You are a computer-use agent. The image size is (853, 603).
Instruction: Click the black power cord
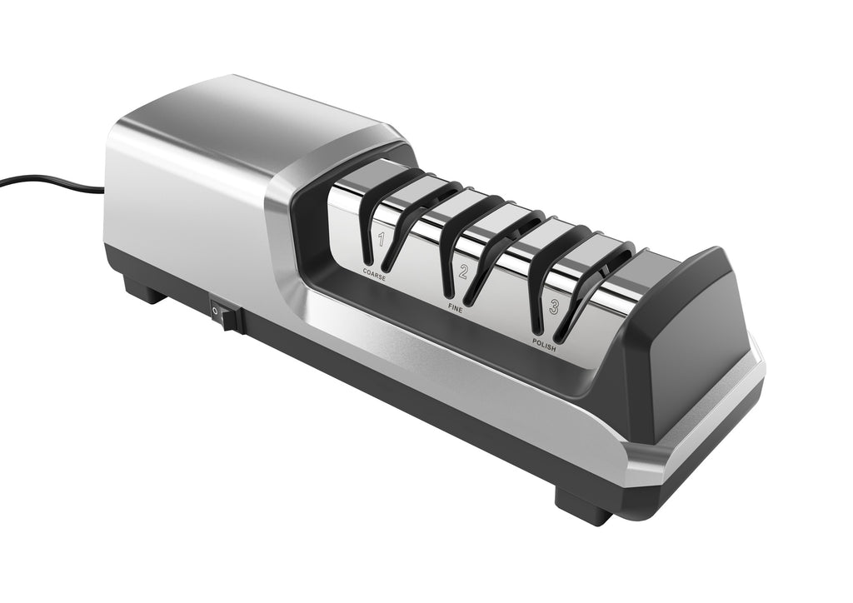pyautogui.click(x=52, y=182)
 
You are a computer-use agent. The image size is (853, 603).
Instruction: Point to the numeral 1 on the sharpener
pyautogui.click(x=382, y=239)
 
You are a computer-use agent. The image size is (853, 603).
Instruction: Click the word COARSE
pyautogui.click(x=374, y=273)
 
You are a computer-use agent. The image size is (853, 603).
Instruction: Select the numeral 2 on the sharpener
pyautogui.click(x=464, y=272)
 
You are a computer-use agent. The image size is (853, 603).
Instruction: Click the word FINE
pyautogui.click(x=455, y=308)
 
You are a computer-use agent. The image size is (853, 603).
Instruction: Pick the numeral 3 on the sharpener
pyautogui.click(x=553, y=308)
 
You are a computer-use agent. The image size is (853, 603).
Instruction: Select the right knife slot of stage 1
pyautogui.click(x=418, y=223)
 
